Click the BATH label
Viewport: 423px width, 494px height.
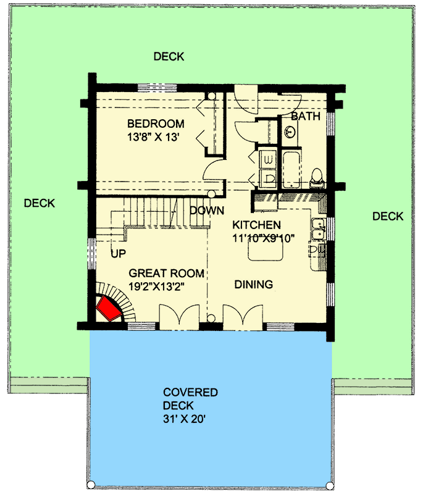point(304,117)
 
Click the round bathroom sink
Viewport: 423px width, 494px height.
point(290,132)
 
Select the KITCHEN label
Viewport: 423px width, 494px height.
point(256,225)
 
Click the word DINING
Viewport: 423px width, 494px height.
point(254,285)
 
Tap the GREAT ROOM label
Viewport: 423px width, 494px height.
point(167,273)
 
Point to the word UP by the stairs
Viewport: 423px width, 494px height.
point(119,253)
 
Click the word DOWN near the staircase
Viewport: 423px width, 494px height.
point(206,211)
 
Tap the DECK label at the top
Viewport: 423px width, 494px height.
point(169,57)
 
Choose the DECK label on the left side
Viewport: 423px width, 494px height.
point(40,203)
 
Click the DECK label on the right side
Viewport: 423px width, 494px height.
point(388,216)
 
